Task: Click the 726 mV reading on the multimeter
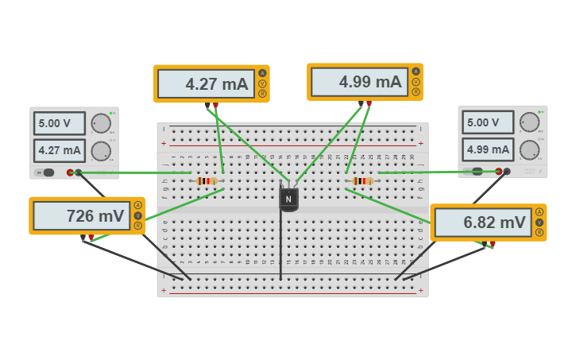coord(82,215)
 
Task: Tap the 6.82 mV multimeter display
coord(482,223)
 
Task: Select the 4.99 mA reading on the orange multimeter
coord(358,82)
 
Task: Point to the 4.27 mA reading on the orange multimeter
coord(205,83)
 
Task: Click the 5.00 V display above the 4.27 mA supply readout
coord(60,123)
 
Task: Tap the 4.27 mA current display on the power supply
coord(60,149)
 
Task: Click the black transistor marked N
coord(288,199)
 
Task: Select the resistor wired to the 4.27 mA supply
coord(207,181)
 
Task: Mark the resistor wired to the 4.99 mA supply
coord(362,181)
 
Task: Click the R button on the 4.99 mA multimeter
coord(416,92)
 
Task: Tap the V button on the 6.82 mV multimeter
coord(539,223)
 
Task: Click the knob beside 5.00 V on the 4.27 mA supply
coord(101,123)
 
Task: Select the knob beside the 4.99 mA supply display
coord(529,149)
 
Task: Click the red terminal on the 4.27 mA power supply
coord(70,172)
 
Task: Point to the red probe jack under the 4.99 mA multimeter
coord(369,103)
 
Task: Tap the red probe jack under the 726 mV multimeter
coord(91,237)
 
